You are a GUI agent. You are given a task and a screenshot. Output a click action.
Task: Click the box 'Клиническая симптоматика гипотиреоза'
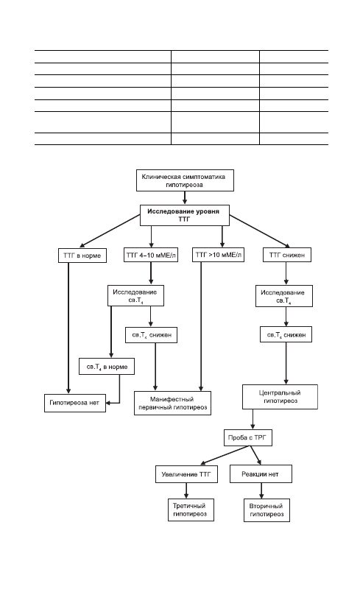click(185, 180)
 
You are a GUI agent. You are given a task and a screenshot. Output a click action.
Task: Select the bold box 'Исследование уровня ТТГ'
click(184, 215)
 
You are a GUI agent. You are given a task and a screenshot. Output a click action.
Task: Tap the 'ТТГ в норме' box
click(82, 256)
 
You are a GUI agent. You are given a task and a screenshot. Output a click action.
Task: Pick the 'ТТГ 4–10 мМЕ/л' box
click(151, 255)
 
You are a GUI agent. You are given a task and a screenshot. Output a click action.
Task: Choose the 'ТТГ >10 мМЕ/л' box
click(218, 255)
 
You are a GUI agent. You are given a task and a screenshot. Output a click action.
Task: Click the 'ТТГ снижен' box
click(287, 255)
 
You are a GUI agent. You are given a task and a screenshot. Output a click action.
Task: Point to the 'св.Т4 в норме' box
click(107, 367)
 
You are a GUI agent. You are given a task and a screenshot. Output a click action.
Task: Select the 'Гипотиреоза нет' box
click(75, 403)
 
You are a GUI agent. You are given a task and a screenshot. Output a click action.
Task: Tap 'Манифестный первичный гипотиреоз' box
click(172, 403)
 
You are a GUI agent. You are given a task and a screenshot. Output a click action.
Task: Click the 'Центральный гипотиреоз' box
click(280, 397)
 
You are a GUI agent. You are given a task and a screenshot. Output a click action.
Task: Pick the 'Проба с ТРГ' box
click(247, 437)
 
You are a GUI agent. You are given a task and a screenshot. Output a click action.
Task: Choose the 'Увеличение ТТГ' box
click(186, 474)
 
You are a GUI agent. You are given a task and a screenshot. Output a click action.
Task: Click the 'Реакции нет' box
click(261, 474)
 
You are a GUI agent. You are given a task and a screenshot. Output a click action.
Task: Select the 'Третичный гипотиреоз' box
click(191, 510)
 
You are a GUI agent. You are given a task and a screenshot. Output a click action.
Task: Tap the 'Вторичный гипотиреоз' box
click(267, 510)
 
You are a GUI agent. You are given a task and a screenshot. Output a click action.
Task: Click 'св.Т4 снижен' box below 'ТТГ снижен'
click(286, 334)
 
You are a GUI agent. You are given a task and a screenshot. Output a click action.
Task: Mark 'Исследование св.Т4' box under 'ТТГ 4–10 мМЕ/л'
click(135, 295)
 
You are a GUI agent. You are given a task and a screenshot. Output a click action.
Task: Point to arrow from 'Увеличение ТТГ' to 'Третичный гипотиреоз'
click(186, 490)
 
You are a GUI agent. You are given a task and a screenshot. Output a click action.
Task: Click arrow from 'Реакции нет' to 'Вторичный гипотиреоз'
click(261, 490)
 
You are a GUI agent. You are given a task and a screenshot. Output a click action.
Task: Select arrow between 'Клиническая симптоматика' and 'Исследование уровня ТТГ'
click(185, 198)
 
